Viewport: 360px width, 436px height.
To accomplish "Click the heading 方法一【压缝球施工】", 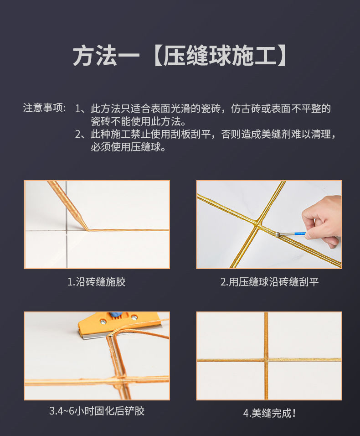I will click(180, 56).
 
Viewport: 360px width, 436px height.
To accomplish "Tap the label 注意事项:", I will click(45, 109).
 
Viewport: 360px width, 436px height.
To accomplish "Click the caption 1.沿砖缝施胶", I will click(96, 282).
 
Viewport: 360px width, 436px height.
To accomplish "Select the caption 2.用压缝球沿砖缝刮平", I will click(269, 282).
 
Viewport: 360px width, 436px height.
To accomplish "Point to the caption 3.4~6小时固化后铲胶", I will click(97, 411).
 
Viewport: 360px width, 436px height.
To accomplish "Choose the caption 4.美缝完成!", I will click(269, 413).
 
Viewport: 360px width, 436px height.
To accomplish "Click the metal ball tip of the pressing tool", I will click(278, 235).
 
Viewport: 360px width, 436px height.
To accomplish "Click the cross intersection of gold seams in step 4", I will click(266, 359).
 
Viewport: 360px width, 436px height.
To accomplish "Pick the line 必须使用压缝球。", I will click(128, 147).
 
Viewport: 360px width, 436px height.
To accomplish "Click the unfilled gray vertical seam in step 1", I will click(66, 251).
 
